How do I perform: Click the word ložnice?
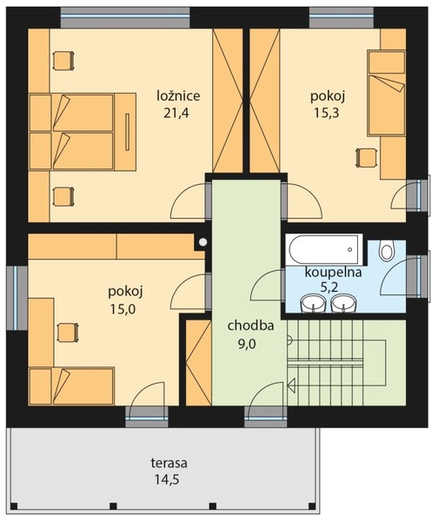pyautogui.click(x=178, y=96)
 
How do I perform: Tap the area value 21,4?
pyautogui.click(x=176, y=113)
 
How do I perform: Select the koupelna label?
pyautogui.click(x=333, y=273)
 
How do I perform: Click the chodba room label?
pyautogui.click(x=250, y=326)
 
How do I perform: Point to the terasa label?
pyautogui.click(x=169, y=463)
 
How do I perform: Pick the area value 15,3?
pyautogui.click(x=327, y=113)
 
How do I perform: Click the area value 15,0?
pyautogui.click(x=123, y=309)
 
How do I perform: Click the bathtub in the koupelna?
pyautogui.click(x=323, y=250)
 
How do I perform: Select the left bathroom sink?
pyautogui.click(x=313, y=303)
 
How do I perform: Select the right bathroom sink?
pyautogui.click(x=343, y=303)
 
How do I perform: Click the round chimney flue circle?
pyautogui.click(x=203, y=242)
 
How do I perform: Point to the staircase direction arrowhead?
pyautogui.click(x=291, y=385)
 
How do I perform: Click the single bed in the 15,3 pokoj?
pyautogui.click(x=386, y=93)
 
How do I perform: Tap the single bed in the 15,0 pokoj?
pyautogui.click(x=71, y=386)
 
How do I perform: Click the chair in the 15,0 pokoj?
pyautogui.click(x=68, y=333)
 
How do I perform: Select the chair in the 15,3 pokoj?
pyautogui.click(x=367, y=158)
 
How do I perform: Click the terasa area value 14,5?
pyautogui.click(x=167, y=480)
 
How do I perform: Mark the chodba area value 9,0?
pyautogui.click(x=247, y=344)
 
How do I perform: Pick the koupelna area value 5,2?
pyautogui.click(x=329, y=287)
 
